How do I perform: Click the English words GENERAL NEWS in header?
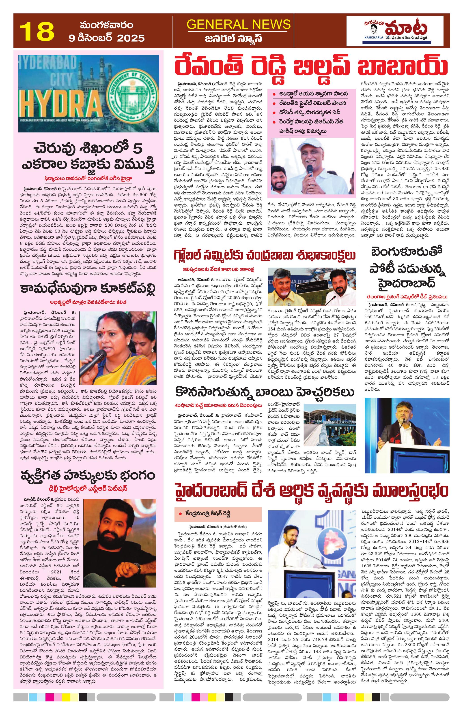239,25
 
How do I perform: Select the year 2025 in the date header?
131,38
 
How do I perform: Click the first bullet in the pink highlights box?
310,94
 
